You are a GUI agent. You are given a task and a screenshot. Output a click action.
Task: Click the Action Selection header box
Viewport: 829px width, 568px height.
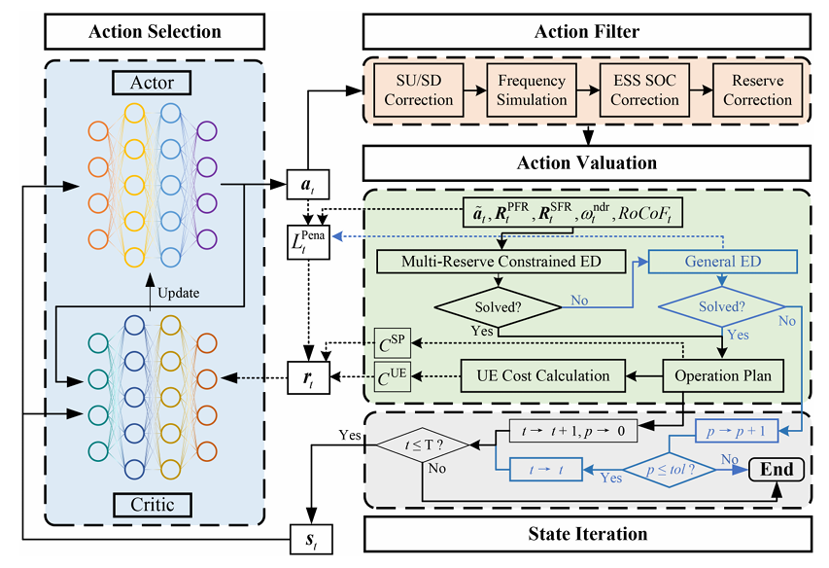pos(155,31)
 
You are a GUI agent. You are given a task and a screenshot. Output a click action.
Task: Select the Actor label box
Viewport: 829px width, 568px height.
pos(155,85)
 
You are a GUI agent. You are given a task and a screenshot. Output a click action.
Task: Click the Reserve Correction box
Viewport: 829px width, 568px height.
pos(757,89)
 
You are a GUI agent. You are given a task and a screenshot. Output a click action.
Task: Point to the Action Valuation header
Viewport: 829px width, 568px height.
pos(588,162)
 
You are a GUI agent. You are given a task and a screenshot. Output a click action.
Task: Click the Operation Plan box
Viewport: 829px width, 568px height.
pos(719,374)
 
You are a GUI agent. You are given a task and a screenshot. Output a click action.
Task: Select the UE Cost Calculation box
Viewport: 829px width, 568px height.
pos(543,374)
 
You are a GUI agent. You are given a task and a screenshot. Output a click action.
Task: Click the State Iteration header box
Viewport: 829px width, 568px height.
pos(588,533)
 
